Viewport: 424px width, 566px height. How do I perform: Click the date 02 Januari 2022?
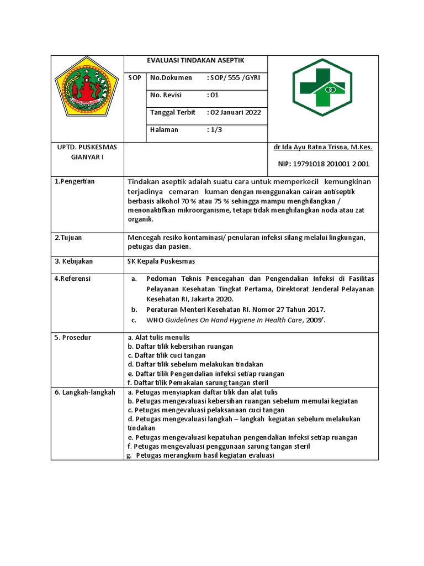234,112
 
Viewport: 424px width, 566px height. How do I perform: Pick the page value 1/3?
214,130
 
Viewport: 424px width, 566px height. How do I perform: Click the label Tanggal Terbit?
172,112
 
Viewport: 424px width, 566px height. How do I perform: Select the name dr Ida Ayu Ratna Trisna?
322,148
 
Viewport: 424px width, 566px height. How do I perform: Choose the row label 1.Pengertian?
75,182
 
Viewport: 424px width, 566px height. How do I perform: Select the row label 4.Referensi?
73,279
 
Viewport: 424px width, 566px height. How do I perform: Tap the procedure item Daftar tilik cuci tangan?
166,355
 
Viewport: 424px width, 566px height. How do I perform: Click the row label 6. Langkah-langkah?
84,392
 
